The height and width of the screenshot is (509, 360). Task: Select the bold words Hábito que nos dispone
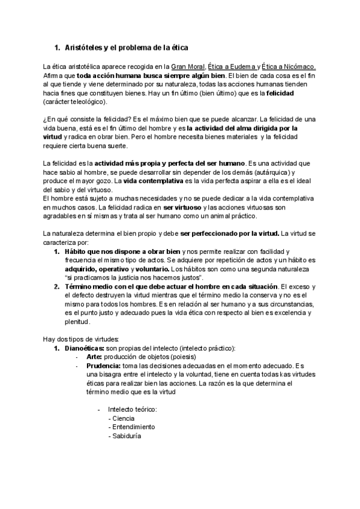point(109,251)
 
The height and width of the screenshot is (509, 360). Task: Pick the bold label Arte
point(94,358)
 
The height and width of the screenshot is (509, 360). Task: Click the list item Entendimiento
point(131,427)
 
